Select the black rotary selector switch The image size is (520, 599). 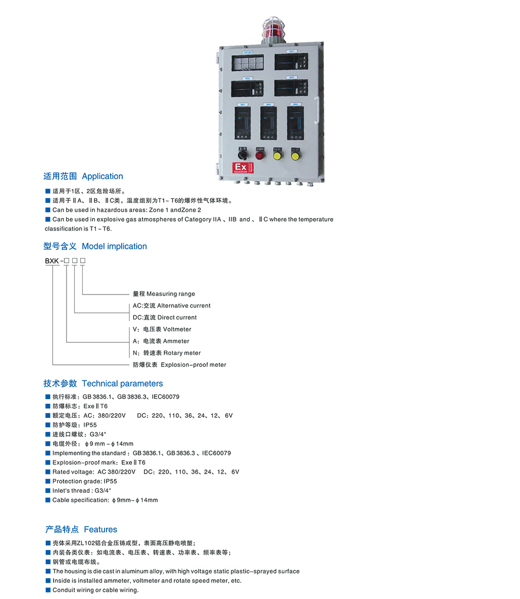point(242,155)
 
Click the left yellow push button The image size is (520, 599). point(278,156)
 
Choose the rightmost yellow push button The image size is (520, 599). point(295,156)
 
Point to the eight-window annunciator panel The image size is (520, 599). point(248,63)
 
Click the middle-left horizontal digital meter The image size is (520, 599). point(248,88)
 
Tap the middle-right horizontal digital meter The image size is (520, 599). point(291,88)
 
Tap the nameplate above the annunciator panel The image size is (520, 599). point(248,52)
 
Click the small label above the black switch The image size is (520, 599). point(242,148)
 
